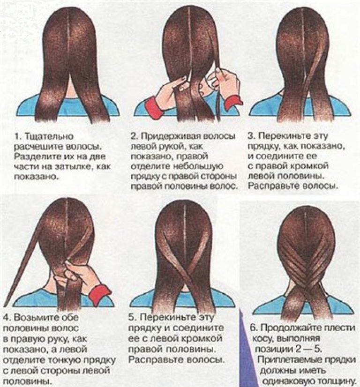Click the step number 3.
click(251, 136)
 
